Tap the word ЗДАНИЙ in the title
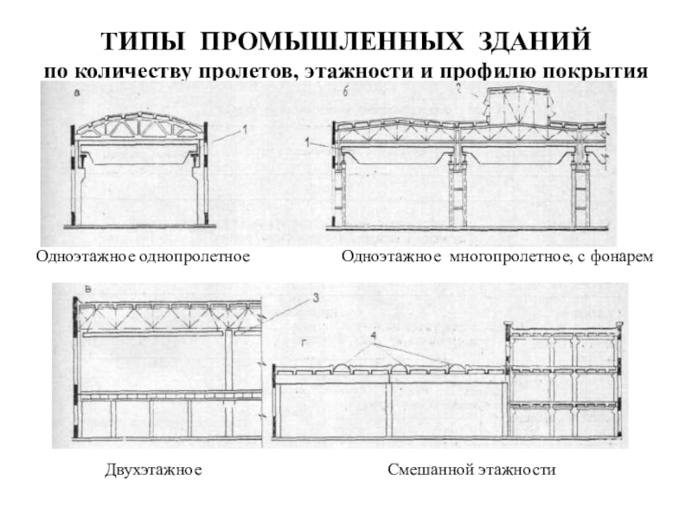coord(536,42)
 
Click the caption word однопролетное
coord(195,257)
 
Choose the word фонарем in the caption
coord(621,257)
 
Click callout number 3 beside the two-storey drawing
coord(316,298)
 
